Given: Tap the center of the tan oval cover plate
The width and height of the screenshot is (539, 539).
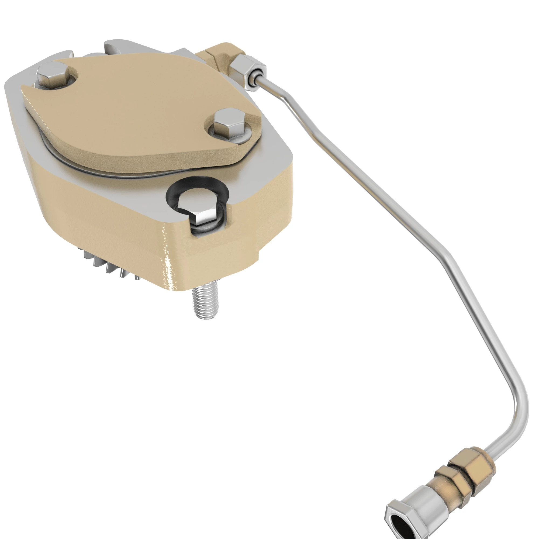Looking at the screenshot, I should pos(140,112).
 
